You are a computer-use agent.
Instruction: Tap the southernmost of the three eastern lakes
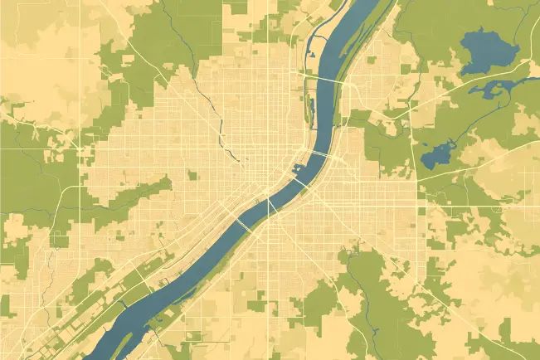click(435, 154)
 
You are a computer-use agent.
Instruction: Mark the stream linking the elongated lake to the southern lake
click(465, 124)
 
